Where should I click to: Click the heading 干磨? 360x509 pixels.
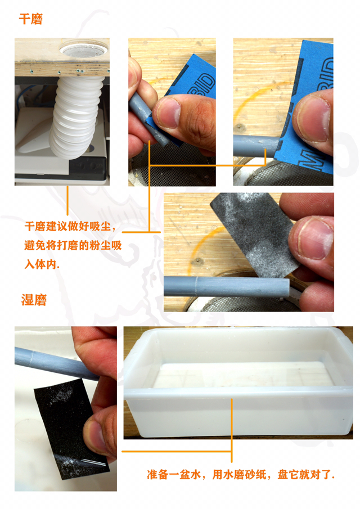pyautogui.click(x=30, y=19)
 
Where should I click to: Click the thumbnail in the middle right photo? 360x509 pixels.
pyautogui.click(x=312, y=239)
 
